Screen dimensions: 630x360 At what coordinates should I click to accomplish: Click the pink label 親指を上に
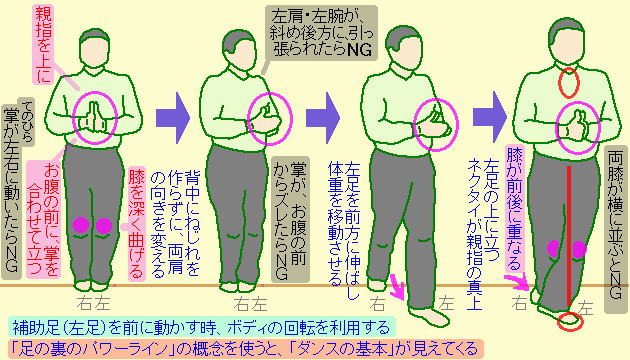pos(43,45)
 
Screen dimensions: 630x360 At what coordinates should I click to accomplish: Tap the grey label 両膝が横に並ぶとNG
pos(616,230)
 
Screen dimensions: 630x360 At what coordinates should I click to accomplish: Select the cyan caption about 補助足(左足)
pos(201,327)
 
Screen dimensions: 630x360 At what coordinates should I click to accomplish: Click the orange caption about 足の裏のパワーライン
pos(245,349)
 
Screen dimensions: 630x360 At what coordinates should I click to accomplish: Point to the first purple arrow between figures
pos(172,118)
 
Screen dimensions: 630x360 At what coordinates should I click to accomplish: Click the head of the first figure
pos(94,47)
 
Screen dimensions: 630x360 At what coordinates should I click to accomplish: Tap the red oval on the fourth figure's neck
pos(569,83)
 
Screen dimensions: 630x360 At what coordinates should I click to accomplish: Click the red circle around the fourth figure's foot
pos(570,321)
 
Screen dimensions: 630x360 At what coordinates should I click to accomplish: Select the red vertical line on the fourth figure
pos(569,237)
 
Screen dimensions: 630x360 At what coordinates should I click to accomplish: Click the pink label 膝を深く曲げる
pos(136,223)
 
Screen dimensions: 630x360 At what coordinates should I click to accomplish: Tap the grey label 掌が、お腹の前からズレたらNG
pos(290,219)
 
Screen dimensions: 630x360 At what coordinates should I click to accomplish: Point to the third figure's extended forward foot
pos(429,315)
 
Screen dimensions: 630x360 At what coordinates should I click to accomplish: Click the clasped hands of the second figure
pos(266,119)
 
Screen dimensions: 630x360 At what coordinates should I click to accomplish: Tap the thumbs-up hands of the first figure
pos(94,118)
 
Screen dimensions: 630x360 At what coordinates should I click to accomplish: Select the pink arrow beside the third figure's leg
pos(399,286)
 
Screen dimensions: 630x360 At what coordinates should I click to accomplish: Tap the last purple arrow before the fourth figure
pos(489,117)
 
